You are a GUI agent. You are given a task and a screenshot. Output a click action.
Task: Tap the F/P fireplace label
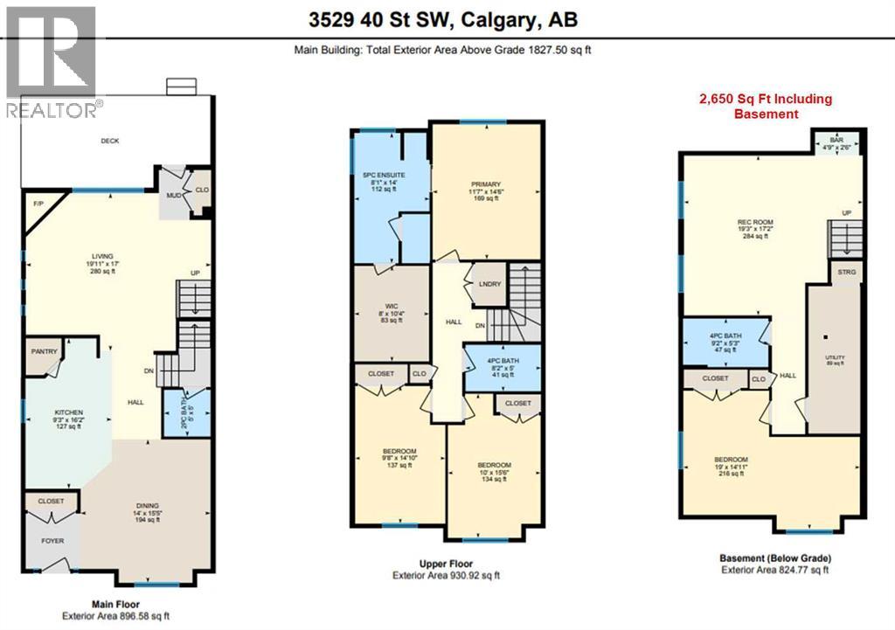tap(38, 204)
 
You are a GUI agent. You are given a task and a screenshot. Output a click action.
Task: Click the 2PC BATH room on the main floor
tap(184, 412)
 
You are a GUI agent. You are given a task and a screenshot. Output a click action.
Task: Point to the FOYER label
tap(52, 540)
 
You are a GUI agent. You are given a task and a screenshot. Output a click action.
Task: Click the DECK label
tap(110, 141)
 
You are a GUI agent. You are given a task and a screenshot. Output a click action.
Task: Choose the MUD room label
tap(173, 196)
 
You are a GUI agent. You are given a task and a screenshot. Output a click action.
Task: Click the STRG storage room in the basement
tap(845, 273)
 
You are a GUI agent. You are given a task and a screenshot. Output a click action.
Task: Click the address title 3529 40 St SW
tap(447, 18)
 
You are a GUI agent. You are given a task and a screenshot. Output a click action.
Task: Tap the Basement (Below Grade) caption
tap(775, 557)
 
